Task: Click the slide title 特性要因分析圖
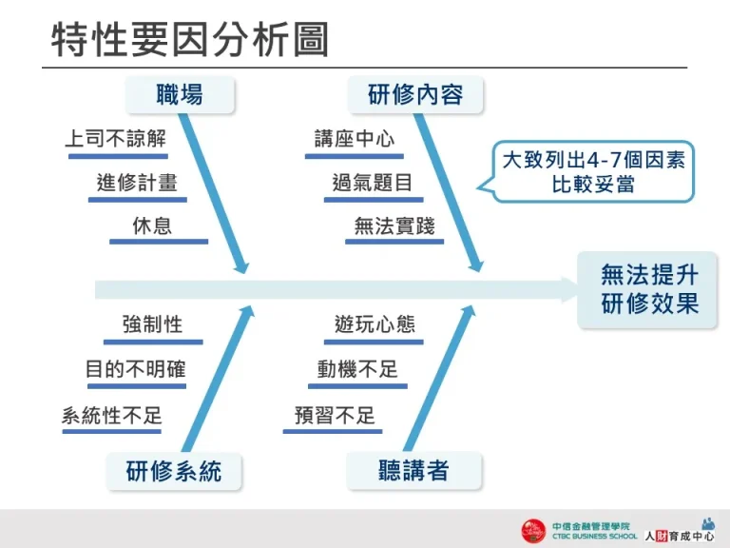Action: tap(190, 40)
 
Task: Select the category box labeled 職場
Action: tap(180, 94)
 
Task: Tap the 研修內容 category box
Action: tap(415, 94)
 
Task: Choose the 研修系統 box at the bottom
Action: tap(174, 471)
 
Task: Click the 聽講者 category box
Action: tap(413, 471)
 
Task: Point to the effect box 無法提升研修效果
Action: tap(649, 289)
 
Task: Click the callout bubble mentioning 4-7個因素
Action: tap(594, 171)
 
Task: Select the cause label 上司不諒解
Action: tap(115, 139)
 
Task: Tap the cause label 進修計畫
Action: tap(137, 183)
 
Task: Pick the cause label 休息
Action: tap(153, 225)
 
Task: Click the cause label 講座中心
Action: tap(355, 139)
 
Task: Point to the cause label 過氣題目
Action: tap(373, 183)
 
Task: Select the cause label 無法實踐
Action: tap(394, 225)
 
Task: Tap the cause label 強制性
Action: tap(152, 324)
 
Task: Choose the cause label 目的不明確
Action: tap(136, 369)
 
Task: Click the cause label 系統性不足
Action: tap(112, 415)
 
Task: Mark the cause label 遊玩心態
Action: tap(375, 324)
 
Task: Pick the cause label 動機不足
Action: tap(357, 369)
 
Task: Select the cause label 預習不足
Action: tap(335, 415)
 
